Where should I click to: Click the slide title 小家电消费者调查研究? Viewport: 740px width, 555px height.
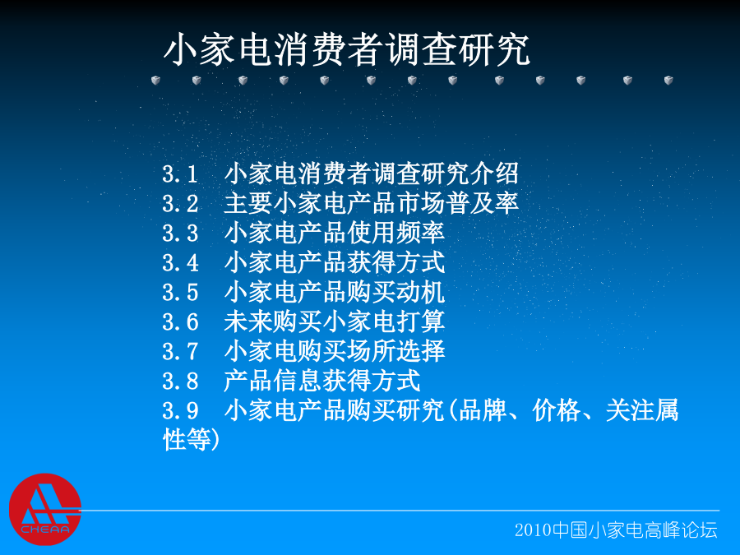pyautogui.click(x=347, y=49)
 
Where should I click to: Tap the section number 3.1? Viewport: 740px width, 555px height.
pyautogui.click(x=180, y=174)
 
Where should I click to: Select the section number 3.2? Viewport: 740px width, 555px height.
pyautogui.click(x=180, y=204)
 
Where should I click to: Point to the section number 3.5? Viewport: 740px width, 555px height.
pyautogui.click(x=180, y=293)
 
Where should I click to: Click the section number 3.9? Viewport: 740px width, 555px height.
pyautogui.click(x=180, y=410)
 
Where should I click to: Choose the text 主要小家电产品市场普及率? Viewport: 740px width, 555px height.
pyautogui.click(x=372, y=203)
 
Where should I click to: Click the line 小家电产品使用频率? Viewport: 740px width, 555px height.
pyautogui.click(x=335, y=234)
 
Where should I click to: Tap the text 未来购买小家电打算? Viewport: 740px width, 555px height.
pyautogui.click(x=335, y=321)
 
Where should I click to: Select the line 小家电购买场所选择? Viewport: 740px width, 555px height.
pyautogui.click(x=335, y=351)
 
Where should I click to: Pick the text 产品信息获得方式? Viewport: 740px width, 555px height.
pyautogui.click(x=322, y=381)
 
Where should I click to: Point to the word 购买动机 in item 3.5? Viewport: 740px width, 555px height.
pyautogui.click(x=396, y=292)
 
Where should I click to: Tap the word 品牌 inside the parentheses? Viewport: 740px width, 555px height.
pyautogui.click(x=483, y=410)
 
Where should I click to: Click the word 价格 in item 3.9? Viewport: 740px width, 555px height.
pyautogui.click(x=556, y=410)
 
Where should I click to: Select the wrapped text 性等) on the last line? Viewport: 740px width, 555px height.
pyautogui.click(x=191, y=440)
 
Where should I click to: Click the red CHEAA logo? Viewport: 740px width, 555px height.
pyautogui.click(x=45, y=509)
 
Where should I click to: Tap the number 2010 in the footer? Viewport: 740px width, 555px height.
pyautogui.click(x=533, y=530)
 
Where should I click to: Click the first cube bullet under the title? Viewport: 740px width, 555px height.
pyautogui.click(x=155, y=81)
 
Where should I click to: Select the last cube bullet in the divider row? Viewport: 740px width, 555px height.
pyautogui.click(x=668, y=81)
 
